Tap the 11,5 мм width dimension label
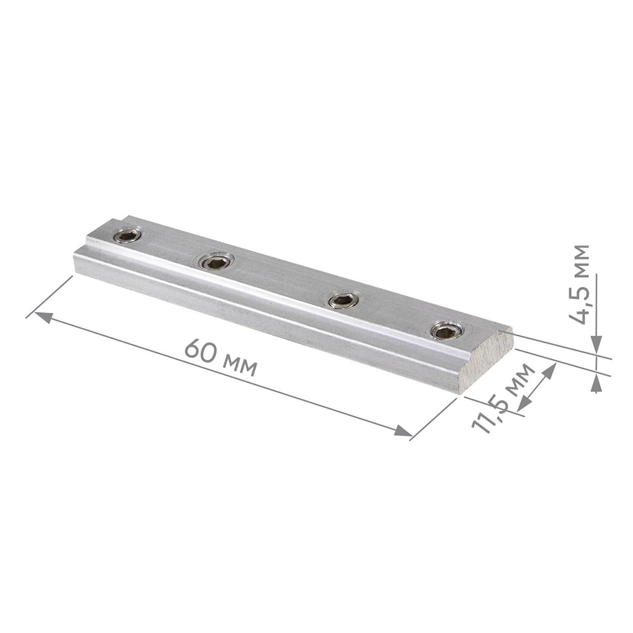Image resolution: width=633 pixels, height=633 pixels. (x=503, y=398)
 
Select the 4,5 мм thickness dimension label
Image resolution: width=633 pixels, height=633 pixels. (x=579, y=285)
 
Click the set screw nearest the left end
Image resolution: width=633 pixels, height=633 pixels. (x=127, y=235)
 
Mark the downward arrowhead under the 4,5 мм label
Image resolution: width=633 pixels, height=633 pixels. (x=596, y=345)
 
